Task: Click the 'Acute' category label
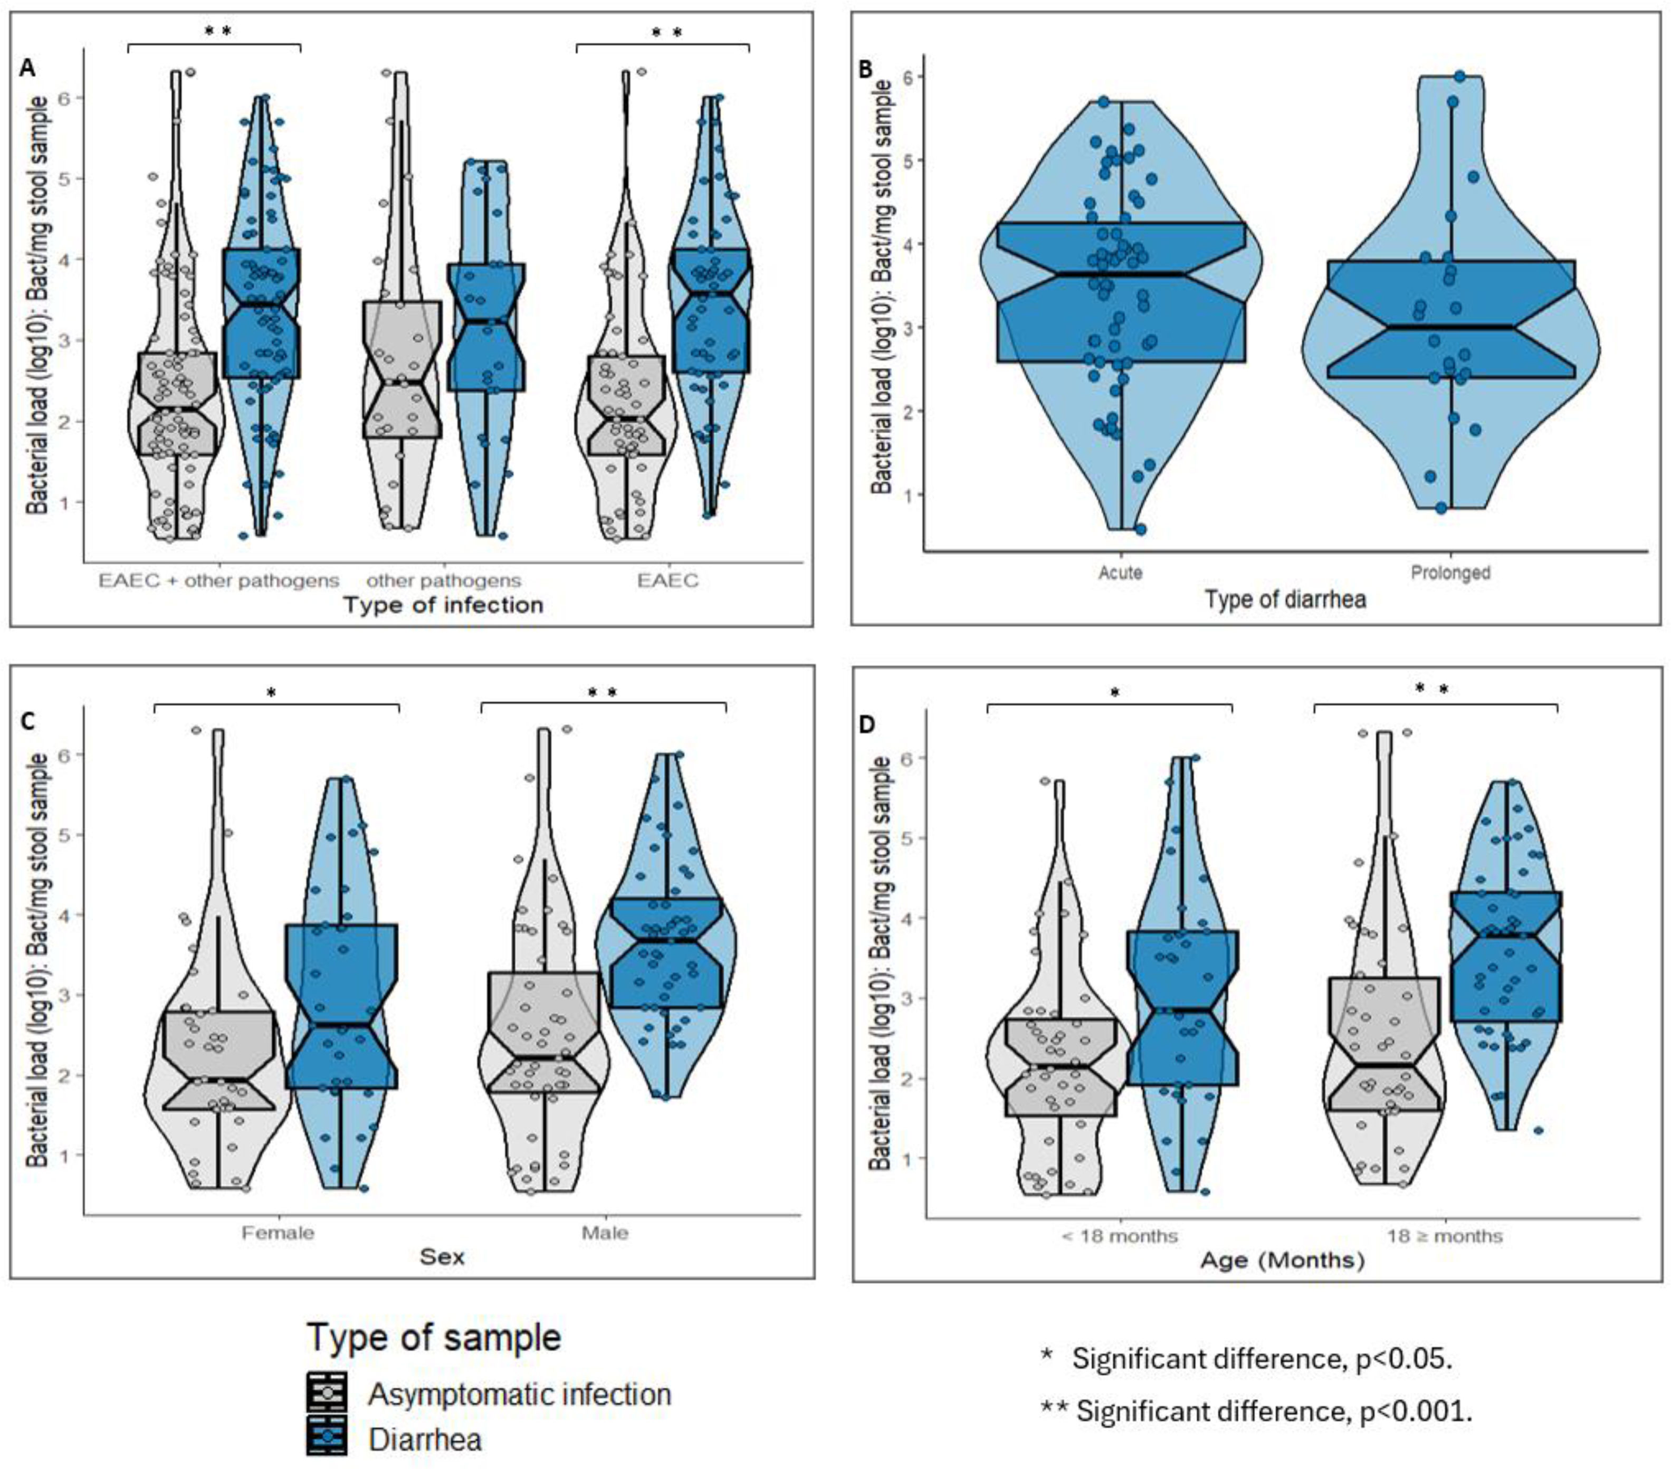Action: coord(1120,572)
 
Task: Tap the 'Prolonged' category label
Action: coord(1450,572)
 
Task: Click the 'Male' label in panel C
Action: coord(605,1233)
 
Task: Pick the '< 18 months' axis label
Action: coord(1119,1236)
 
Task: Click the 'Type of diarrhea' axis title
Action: coord(1284,600)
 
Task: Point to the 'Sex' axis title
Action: coord(442,1256)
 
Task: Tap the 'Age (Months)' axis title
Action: coord(1282,1261)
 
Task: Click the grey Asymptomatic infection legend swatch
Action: coord(327,1392)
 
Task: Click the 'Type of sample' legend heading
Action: coord(434,1338)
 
